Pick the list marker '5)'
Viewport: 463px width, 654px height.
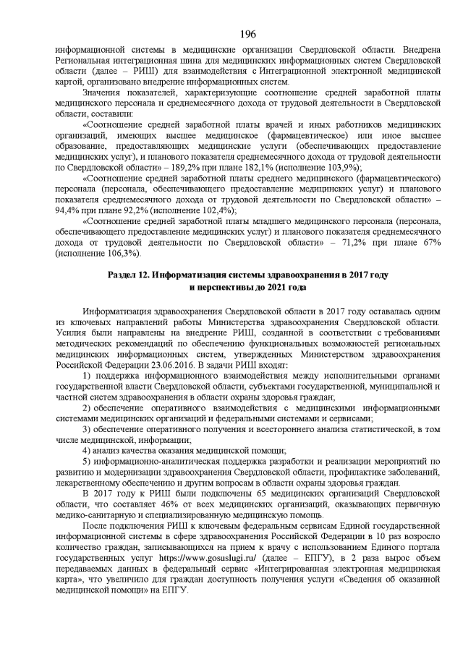(x=88, y=461)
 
